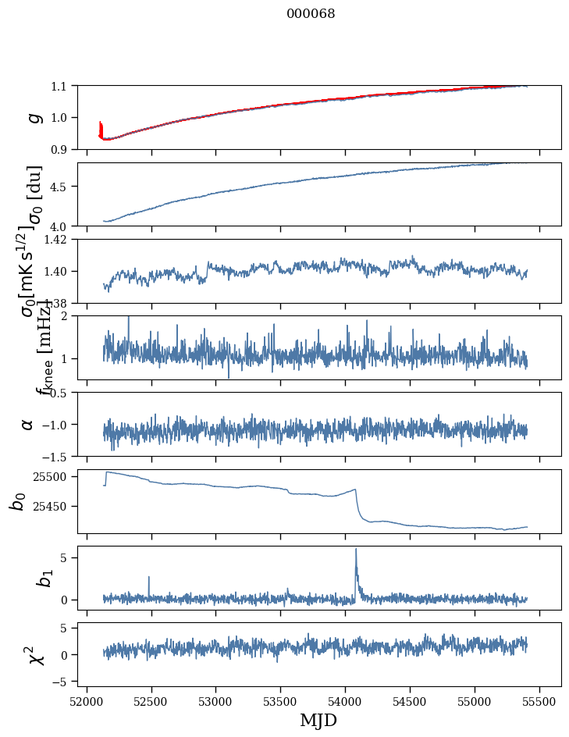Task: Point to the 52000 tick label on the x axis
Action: pos(87,700)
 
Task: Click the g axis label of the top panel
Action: pos(33,117)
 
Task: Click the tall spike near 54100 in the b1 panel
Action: pos(356,550)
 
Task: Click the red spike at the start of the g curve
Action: pos(100,127)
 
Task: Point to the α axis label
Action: pos(28,424)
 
